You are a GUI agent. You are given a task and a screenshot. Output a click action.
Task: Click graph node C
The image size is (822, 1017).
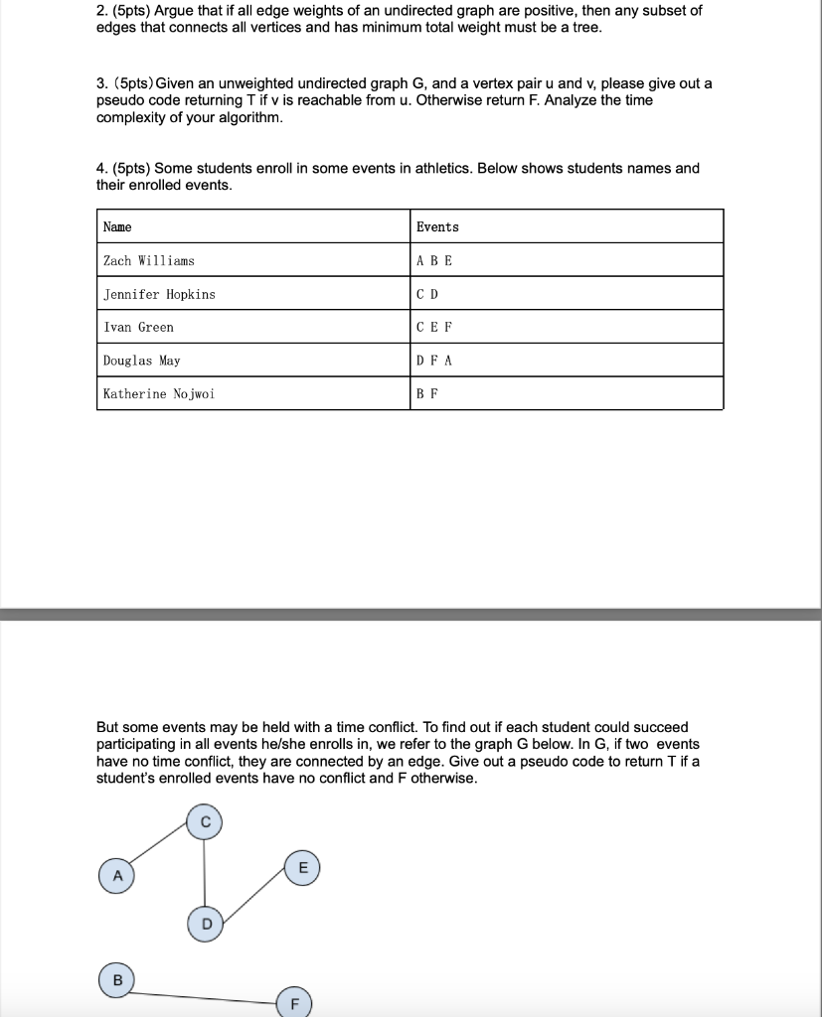[204, 822]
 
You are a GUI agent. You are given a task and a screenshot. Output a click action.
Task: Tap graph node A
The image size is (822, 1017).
[117, 876]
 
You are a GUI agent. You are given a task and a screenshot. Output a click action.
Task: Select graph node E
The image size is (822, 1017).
[303, 867]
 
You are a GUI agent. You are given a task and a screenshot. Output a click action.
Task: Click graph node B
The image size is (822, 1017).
[117, 980]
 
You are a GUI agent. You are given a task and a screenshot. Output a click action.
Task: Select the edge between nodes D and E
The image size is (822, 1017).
[254, 897]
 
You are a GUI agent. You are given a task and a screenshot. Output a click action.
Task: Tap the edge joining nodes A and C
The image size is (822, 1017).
[160, 849]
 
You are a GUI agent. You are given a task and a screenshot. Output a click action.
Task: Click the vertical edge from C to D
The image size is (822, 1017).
[205, 874]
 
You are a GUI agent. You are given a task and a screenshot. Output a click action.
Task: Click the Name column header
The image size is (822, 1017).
[117, 227]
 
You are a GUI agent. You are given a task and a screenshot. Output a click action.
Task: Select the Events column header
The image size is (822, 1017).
[437, 227]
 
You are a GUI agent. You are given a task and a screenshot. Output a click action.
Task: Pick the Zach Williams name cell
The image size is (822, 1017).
[149, 261]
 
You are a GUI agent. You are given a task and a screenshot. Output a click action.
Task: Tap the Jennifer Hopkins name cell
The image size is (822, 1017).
[159, 295]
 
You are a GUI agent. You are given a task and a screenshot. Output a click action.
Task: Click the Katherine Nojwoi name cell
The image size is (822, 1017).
[159, 394]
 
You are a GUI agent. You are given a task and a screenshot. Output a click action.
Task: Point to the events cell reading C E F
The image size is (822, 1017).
[434, 328]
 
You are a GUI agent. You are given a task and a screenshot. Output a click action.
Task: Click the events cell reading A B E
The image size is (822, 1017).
[434, 261]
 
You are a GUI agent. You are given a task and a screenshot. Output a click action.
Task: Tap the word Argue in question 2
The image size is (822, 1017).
[175, 11]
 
